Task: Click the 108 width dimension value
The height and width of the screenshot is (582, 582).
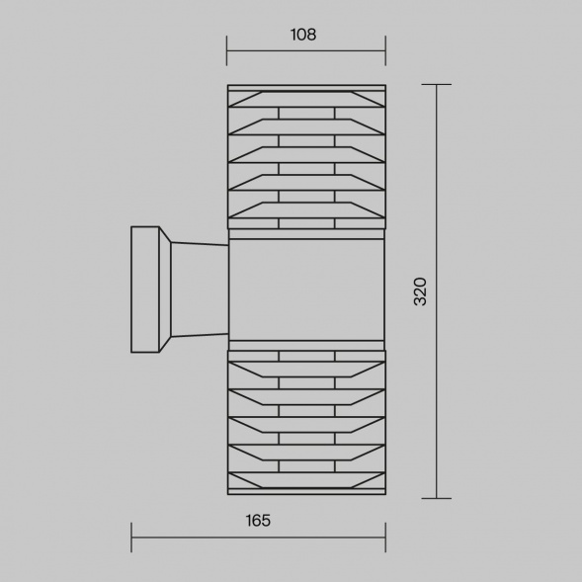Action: [x=303, y=35]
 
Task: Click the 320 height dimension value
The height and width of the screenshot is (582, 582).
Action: [x=420, y=291]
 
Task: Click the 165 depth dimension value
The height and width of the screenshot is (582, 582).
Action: [x=258, y=521]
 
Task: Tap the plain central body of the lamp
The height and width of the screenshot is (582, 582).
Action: [x=306, y=290]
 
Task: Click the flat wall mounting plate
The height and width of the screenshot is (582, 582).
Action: [x=145, y=290]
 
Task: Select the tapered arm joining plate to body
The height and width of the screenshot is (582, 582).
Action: [x=200, y=290]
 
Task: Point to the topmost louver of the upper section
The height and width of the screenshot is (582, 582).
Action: [x=306, y=99]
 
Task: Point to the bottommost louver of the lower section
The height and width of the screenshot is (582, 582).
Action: [x=306, y=480]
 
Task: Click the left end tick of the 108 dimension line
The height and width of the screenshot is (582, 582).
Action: [x=227, y=50]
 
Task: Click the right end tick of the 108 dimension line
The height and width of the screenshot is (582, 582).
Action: [x=385, y=50]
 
